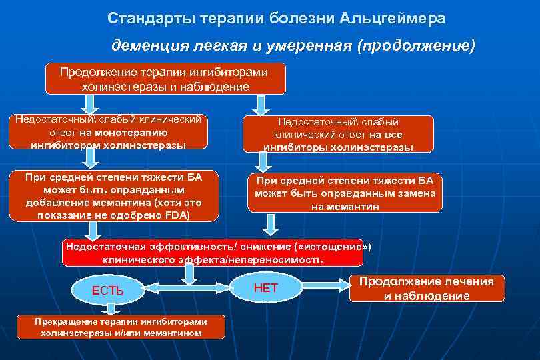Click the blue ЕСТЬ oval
click(107, 290)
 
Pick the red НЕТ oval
click(266, 287)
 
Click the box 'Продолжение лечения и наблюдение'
click(427, 288)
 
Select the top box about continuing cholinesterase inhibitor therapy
click(165, 79)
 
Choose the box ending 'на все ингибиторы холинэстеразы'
click(338, 134)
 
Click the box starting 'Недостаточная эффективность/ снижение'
click(213, 253)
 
